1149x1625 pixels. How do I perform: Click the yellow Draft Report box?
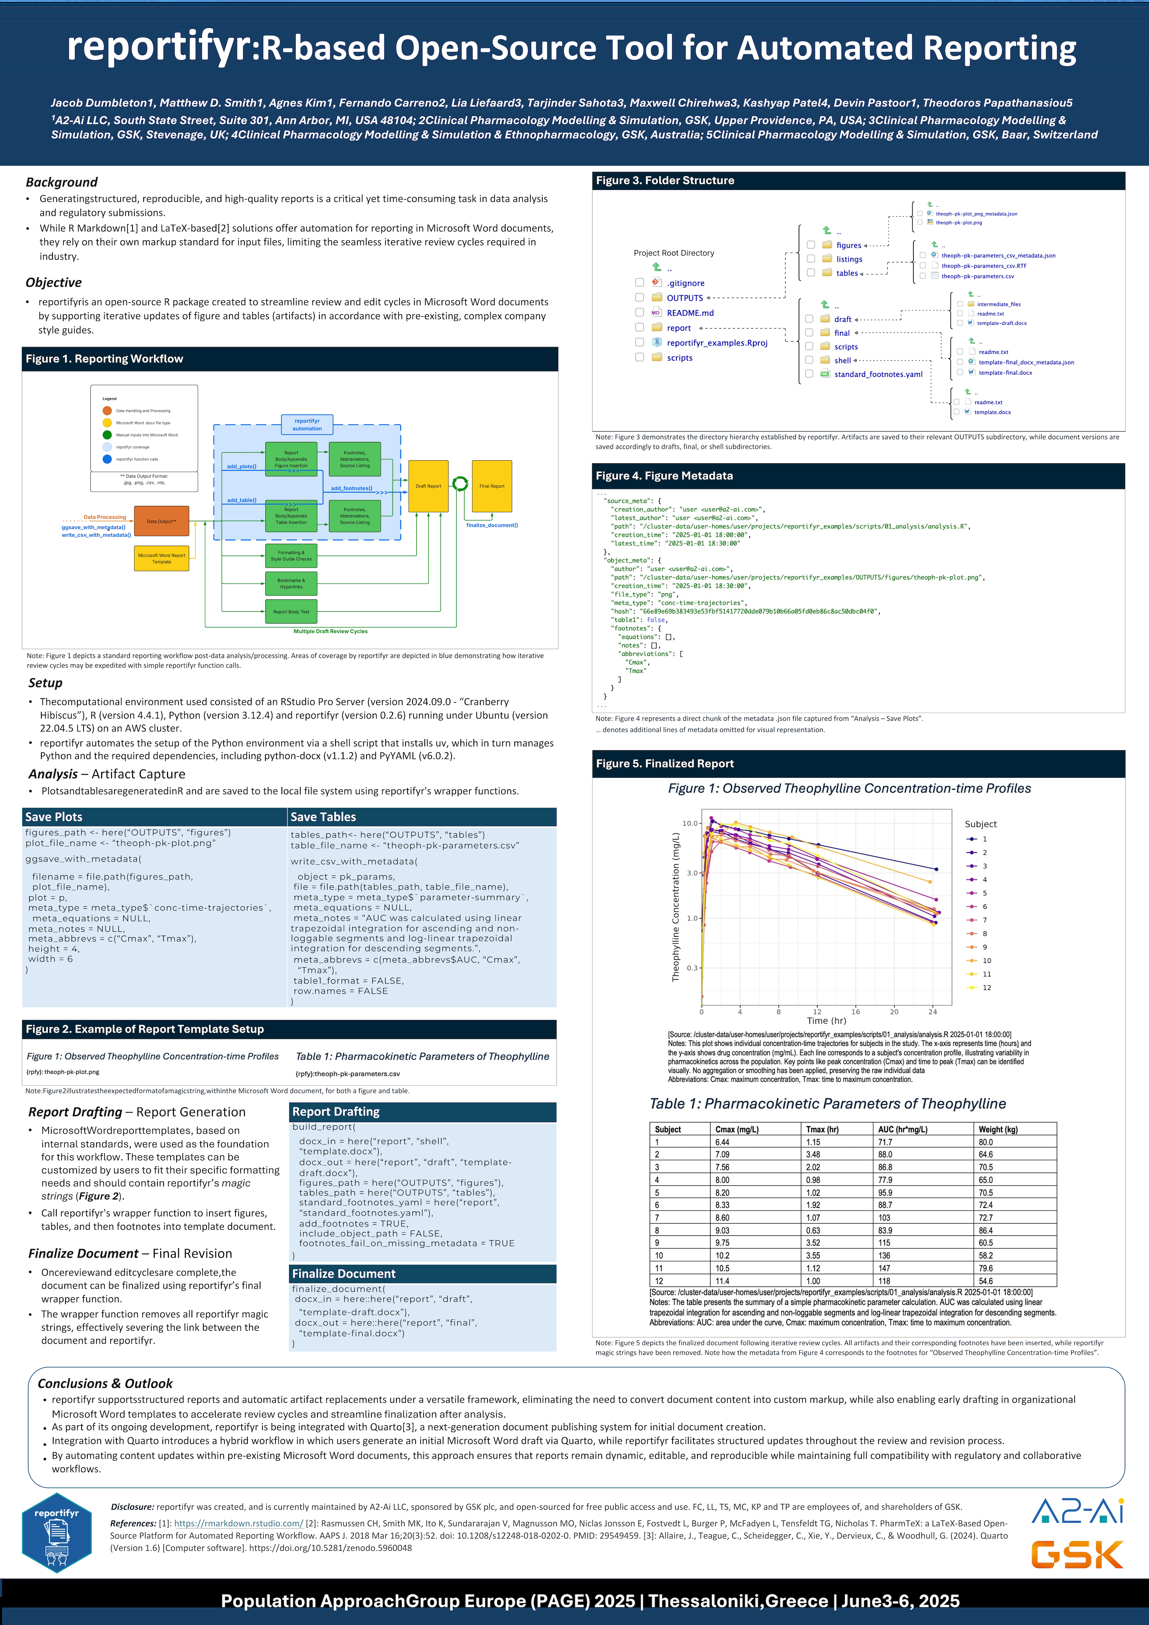[428, 486]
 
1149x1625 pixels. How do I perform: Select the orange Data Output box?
[161, 521]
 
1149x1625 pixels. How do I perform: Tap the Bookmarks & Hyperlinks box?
[291, 583]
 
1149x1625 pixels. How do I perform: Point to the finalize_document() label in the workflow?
[492, 525]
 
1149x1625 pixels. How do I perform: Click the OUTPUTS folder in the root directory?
[684, 298]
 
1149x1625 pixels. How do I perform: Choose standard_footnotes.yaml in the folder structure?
[878, 375]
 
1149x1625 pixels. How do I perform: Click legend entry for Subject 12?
[986, 987]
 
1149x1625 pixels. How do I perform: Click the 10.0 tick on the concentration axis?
[689, 823]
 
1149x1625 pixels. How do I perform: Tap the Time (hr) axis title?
[826, 1021]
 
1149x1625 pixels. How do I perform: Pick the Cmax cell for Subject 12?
[722, 1281]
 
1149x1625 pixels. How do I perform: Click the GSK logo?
[1077, 1555]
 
